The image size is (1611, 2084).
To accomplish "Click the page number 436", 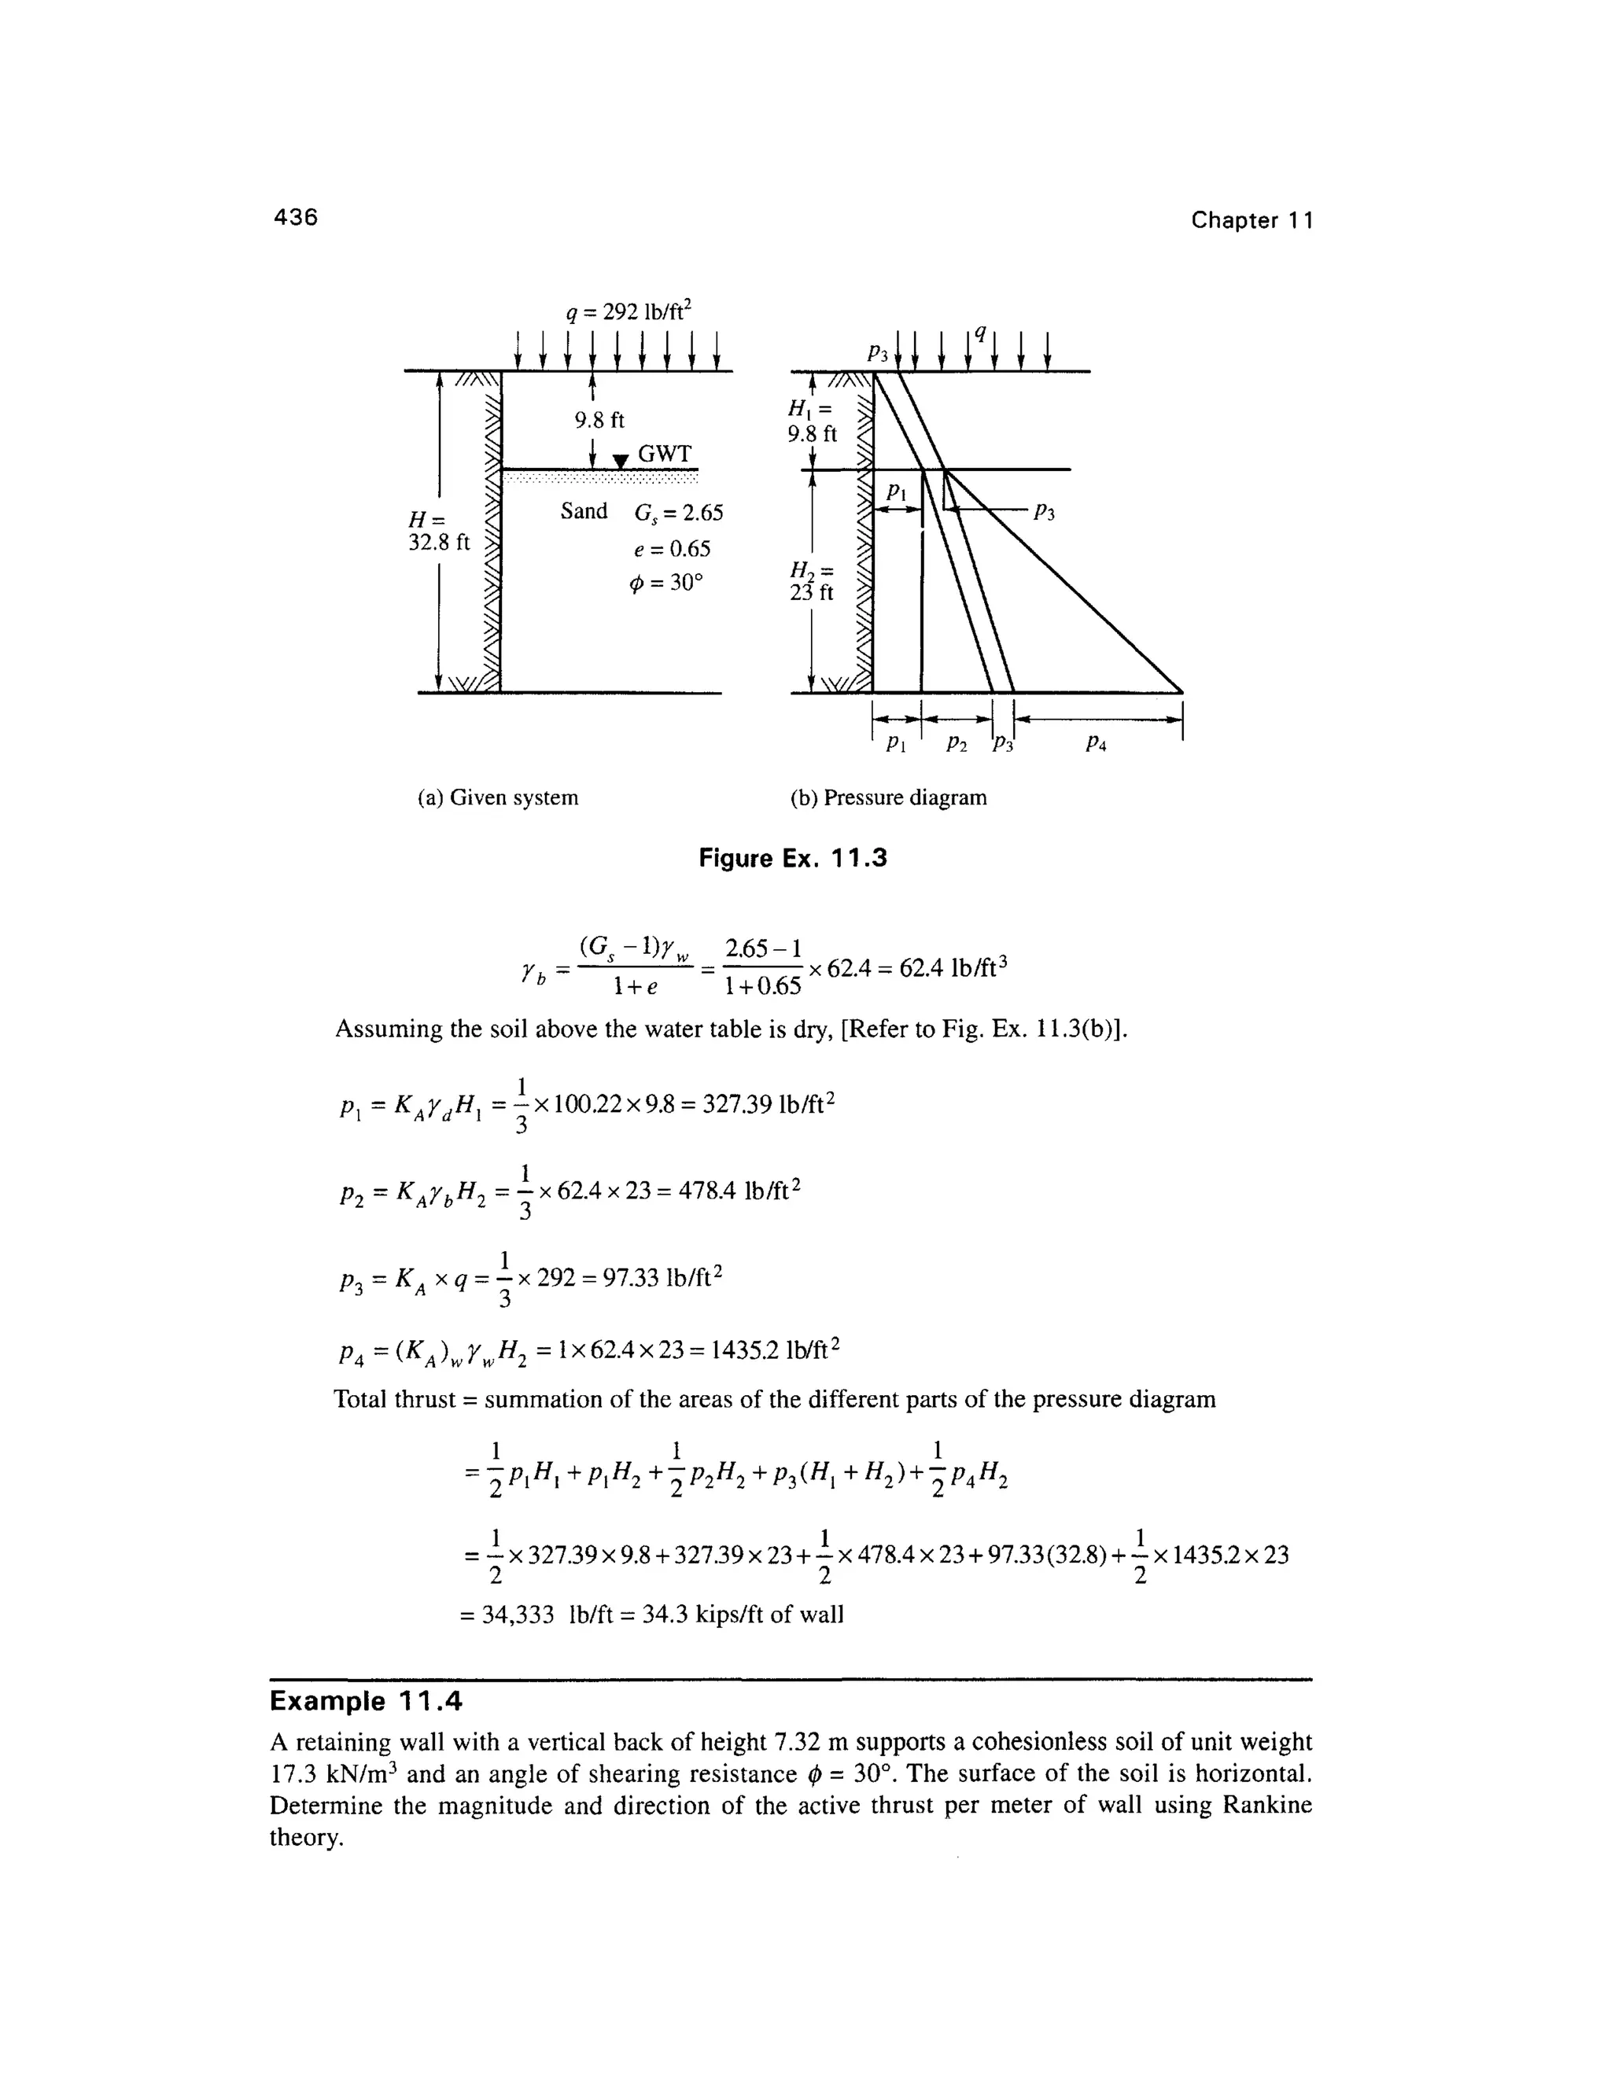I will pos(295,218).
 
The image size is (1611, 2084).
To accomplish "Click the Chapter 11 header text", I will pos(1252,220).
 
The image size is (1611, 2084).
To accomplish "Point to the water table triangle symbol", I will pos(621,462).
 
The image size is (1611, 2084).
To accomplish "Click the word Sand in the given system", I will pos(584,511).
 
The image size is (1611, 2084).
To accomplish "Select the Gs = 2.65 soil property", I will pos(679,514).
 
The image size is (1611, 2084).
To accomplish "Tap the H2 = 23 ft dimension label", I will pos(811,581).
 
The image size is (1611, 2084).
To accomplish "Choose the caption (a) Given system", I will pos(498,797).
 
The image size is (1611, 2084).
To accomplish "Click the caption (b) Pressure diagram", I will pos(889,797).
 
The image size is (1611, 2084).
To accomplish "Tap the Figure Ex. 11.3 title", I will pos(792,859).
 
